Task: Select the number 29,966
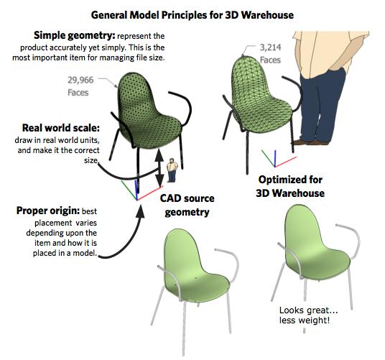[80, 80]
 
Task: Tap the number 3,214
[270, 47]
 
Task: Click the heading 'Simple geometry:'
[75, 35]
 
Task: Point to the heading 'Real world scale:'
[61, 128]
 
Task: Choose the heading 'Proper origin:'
[48, 211]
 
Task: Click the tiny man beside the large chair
[172, 170]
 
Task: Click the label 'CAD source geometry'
[187, 205]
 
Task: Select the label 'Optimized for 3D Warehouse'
[290, 186]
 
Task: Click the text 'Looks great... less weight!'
[309, 315]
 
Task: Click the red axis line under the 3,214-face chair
[286, 162]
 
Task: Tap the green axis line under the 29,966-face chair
[129, 190]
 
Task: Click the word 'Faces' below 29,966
[78, 93]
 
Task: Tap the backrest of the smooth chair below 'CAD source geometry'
[180, 251]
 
